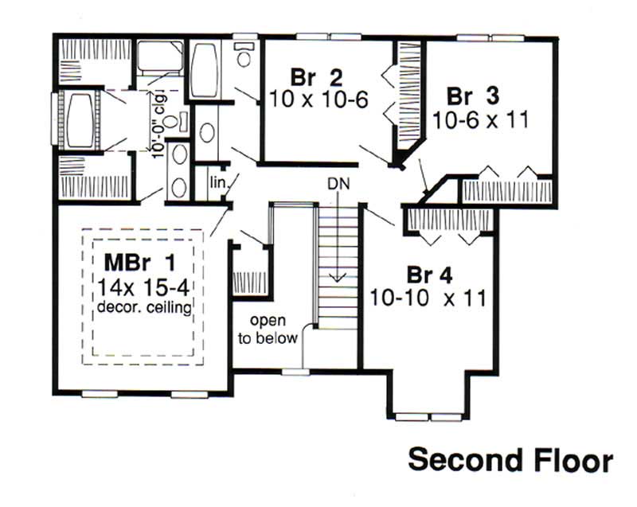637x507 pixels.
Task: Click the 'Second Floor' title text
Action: (x=510, y=462)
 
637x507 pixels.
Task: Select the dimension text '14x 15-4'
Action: (x=145, y=287)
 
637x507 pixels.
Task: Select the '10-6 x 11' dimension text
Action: (x=480, y=119)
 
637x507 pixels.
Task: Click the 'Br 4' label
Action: (x=430, y=275)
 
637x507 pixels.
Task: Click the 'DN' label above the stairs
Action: (x=338, y=184)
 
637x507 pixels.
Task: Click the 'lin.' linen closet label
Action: (x=217, y=181)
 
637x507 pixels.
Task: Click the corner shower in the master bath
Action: (x=159, y=57)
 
